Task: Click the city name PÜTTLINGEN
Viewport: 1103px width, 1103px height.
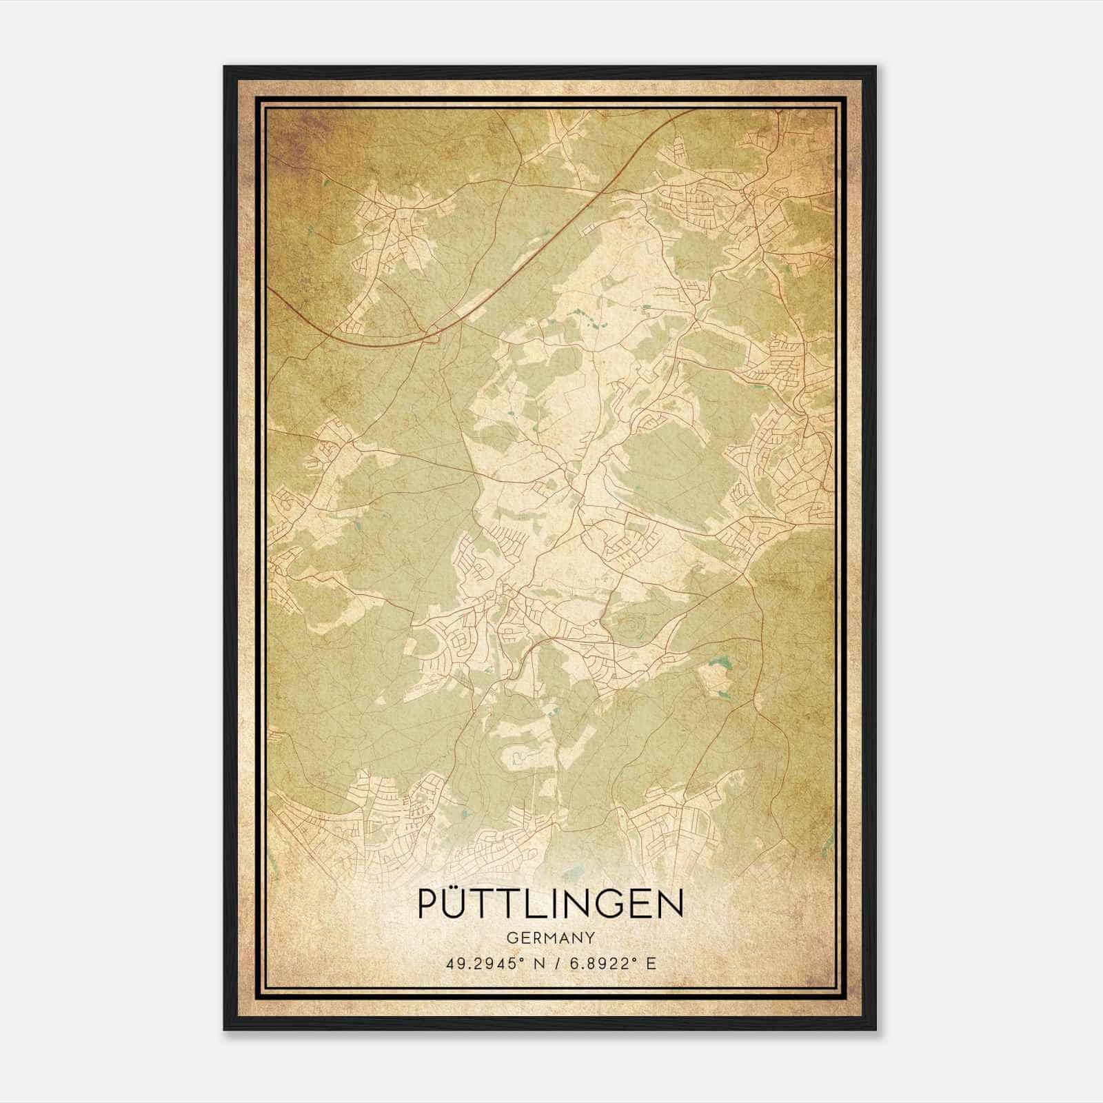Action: point(551,904)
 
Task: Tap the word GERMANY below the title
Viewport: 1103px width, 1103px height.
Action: point(551,938)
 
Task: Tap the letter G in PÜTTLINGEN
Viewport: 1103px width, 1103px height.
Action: point(612,904)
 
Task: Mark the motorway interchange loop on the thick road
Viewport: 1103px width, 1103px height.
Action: point(433,336)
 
